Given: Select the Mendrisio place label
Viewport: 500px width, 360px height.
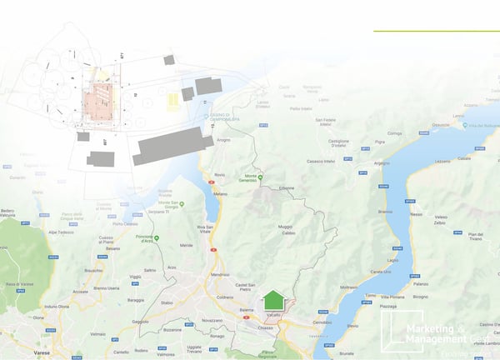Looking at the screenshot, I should click(x=220, y=274).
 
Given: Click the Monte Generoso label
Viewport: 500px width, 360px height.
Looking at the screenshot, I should click(x=268, y=179).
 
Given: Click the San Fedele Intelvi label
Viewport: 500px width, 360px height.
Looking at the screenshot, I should click(x=330, y=122).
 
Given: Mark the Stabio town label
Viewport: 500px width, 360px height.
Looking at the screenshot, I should click(x=168, y=302).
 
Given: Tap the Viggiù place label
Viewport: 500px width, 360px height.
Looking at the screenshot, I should click(x=136, y=276).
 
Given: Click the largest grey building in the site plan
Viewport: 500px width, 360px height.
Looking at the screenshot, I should click(x=171, y=146).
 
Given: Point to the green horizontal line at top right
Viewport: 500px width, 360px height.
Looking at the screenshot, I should click(x=436, y=31).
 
